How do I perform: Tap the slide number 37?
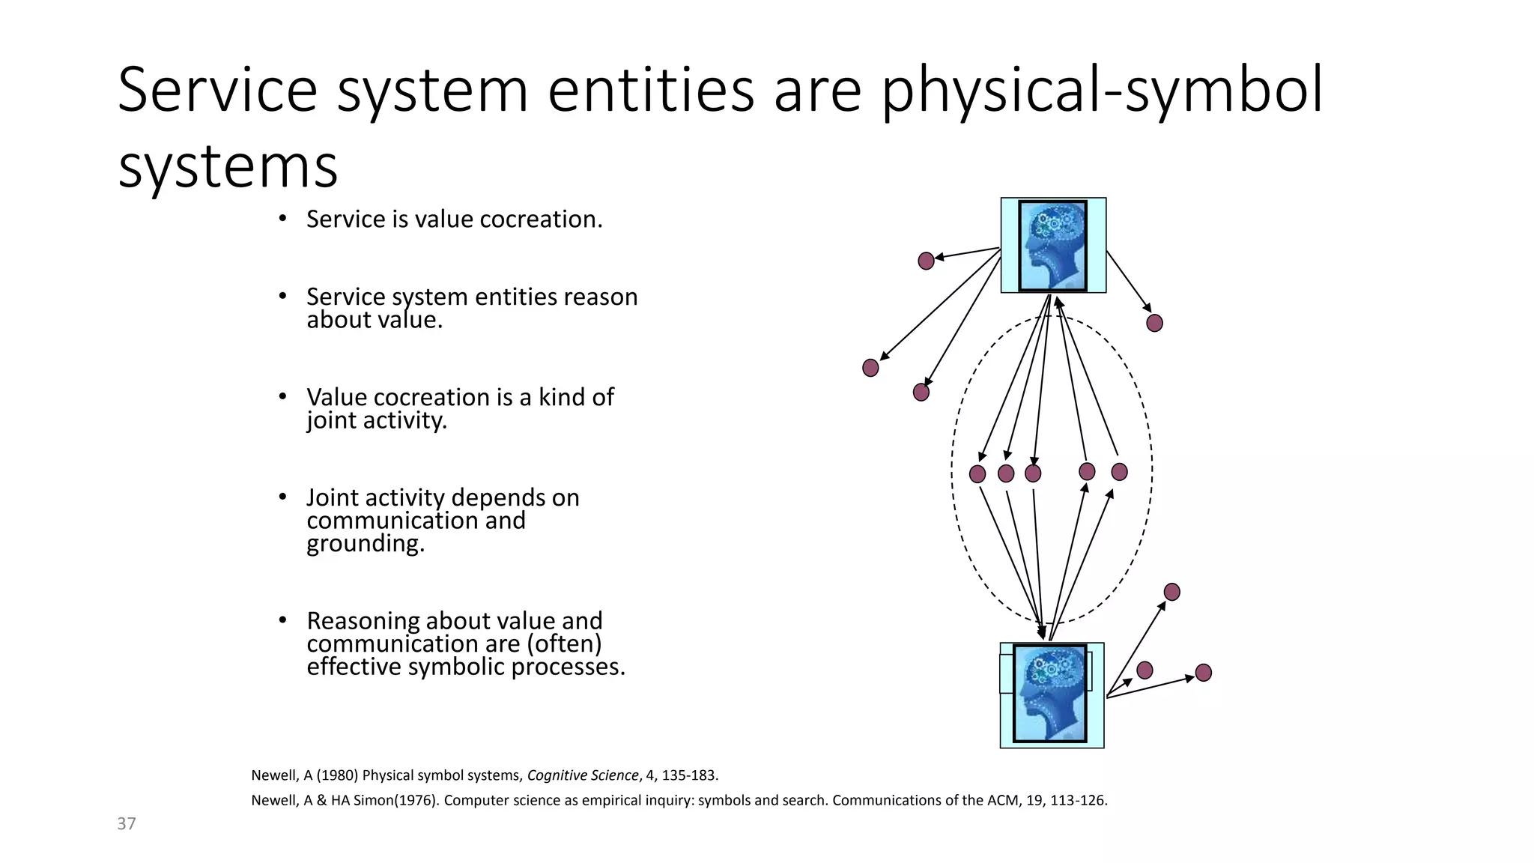127,824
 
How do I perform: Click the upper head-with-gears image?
1053,246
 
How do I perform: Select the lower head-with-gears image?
1050,694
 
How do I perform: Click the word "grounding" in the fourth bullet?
364,543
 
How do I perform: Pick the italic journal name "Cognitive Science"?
583,775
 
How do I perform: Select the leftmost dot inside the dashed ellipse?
977,473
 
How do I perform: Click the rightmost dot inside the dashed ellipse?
1119,472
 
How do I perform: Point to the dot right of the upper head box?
1154,323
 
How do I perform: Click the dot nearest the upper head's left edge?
926,261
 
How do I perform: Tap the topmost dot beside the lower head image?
1171,592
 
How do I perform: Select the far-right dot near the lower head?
1203,673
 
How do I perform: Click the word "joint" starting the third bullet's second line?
331,420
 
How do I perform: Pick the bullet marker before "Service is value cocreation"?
282,219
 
